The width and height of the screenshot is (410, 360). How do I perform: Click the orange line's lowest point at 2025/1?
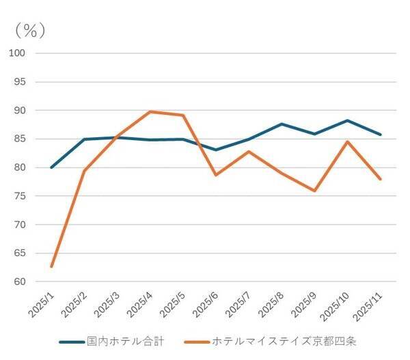tap(51, 266)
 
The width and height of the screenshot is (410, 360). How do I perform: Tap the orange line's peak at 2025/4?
tap(150, 111)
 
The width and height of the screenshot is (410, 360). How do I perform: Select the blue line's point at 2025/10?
tap(347, 120)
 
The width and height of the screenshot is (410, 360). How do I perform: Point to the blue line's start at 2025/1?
tap(51, 167)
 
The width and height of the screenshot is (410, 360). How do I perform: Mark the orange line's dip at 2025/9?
tap(314, 191)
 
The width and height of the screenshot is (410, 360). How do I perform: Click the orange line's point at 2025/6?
tap(216, 175)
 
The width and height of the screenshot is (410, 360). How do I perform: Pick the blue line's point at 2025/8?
tap(282, 124)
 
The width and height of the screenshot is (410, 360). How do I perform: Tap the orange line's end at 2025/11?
tap(380, 179)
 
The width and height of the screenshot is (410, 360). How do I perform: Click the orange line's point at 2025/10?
tap(347, 141)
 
